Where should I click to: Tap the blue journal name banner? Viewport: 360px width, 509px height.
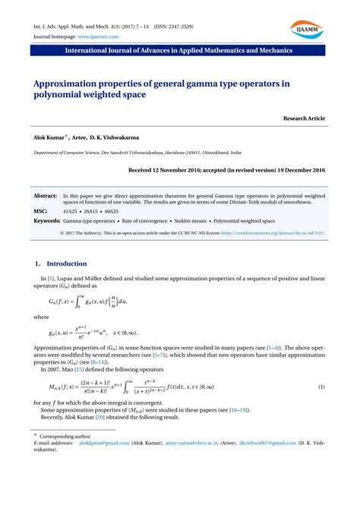(x=180, y=54)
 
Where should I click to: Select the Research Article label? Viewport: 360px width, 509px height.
(x=303, y=119)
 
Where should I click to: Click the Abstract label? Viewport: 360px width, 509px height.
(x=46, y=195)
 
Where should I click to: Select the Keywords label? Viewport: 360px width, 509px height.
(x=47, y=220)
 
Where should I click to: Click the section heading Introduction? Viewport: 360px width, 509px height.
(x=67, y=264)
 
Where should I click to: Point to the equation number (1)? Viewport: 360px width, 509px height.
(x=321, y=366)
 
